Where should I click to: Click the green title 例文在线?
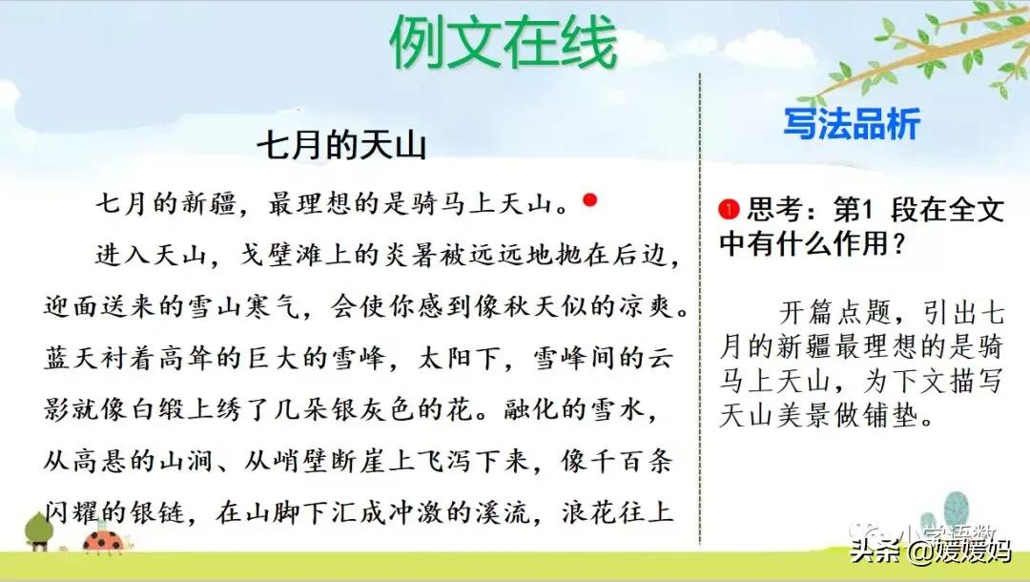(503, 43)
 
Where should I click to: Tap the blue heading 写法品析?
(851, 124)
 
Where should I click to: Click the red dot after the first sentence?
(589, 200)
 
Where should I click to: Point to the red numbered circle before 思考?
(731, 208)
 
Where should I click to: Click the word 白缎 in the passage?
(210, 410)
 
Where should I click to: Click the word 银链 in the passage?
(169, 513)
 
